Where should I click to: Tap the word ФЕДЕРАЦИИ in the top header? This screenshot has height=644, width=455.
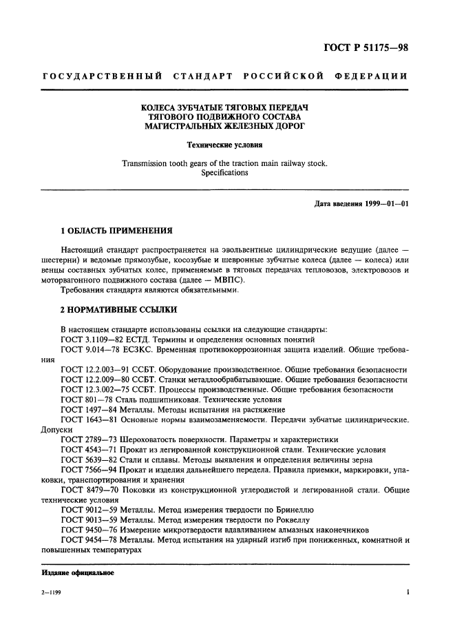pyautogui.click(x=371, y=75)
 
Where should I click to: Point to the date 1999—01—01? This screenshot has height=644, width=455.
pyautogui.click(x=383, y=204)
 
